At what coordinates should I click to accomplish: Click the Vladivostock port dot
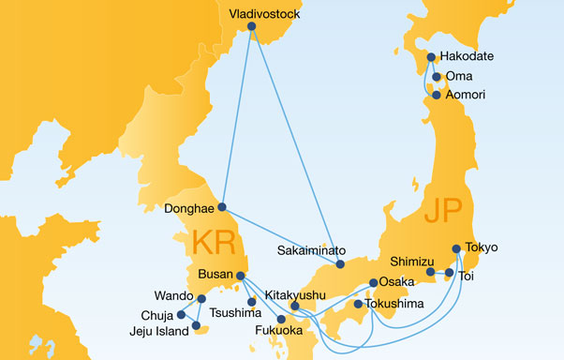point(251,27)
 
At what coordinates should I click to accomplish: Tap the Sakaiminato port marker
point(340,264)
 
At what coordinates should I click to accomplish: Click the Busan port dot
point(241,276)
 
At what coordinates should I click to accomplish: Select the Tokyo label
point(481,247)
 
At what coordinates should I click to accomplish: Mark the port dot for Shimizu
point(431,273)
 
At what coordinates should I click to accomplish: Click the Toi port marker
point(449,273)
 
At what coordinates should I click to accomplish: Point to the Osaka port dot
point(374,282)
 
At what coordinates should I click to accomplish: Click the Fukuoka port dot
point(281,320)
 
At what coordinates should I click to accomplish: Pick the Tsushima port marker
point(251,302)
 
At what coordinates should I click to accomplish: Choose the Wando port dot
point(202,299)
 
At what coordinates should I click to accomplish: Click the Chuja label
point(156,315)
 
